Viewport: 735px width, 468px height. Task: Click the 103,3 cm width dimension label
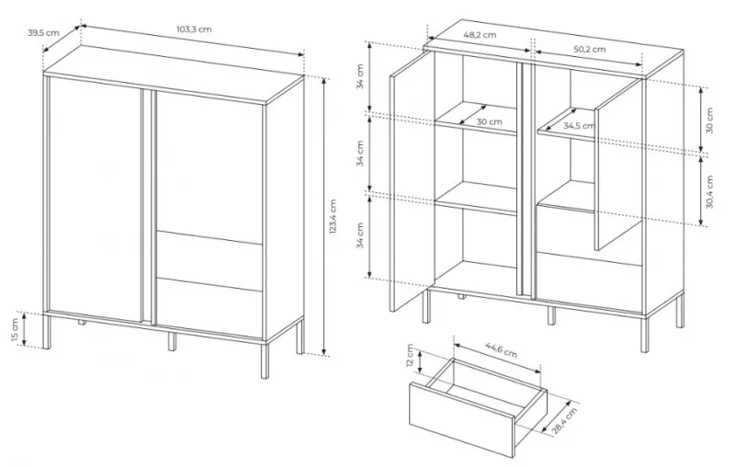tap(194, 29)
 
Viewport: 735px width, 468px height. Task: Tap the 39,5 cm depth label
tap(43, 32)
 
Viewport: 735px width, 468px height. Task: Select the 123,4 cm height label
tap(333, 217)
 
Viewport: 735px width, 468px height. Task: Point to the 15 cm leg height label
tap(14, 330)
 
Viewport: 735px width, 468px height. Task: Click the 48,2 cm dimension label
tap(480, 35)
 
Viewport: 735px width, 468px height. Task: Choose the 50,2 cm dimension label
tap(589, 49)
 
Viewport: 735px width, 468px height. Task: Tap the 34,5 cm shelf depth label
tap(580, 126)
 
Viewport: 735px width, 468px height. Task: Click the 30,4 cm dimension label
tap(708, 192)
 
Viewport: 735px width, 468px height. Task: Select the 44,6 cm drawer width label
tap(501, 350)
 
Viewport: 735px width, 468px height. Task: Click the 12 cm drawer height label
tap(411, 356)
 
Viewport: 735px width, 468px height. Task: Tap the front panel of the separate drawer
tap(462, 420)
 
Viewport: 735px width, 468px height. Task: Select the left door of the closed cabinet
tap(95, 200)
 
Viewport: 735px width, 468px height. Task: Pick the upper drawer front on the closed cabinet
tap(209, 260)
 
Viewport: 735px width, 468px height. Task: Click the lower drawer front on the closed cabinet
tap(209, 308)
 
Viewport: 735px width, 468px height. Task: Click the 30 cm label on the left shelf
tap(489, 121)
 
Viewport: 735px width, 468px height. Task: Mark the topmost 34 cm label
tap(360, 77)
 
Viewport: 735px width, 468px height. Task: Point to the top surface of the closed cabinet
tap(175, 74)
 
